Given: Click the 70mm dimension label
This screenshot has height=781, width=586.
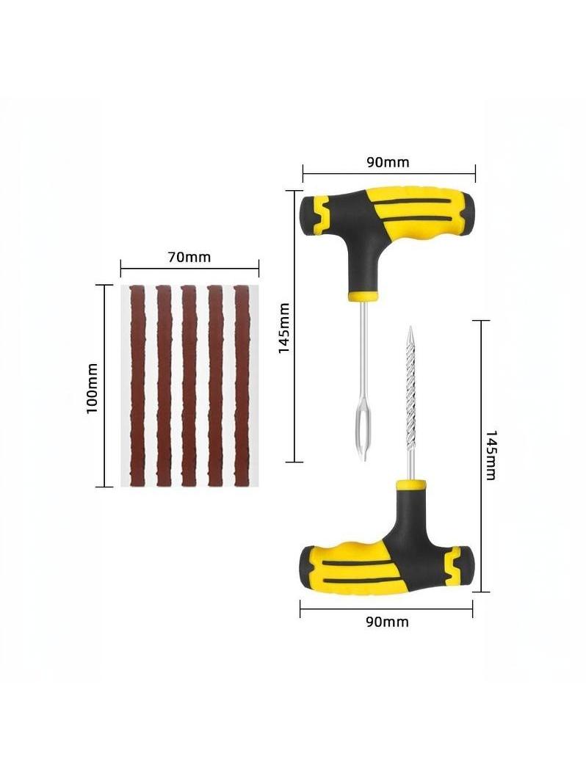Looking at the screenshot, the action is (x=189, y=257).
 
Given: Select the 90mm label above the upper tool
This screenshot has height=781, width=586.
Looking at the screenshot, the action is (x=388, y=162).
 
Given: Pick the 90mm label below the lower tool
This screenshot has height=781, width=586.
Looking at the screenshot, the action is (x=387, y=622).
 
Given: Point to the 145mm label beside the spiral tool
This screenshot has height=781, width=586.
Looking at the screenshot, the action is (x=491, y=456).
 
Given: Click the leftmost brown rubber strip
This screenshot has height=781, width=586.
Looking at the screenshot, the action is (x=137, y=385).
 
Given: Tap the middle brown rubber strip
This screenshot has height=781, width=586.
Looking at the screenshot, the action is (x=189, y=385).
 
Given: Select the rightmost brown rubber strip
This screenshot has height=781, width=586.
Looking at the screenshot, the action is (x=241, y=385).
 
